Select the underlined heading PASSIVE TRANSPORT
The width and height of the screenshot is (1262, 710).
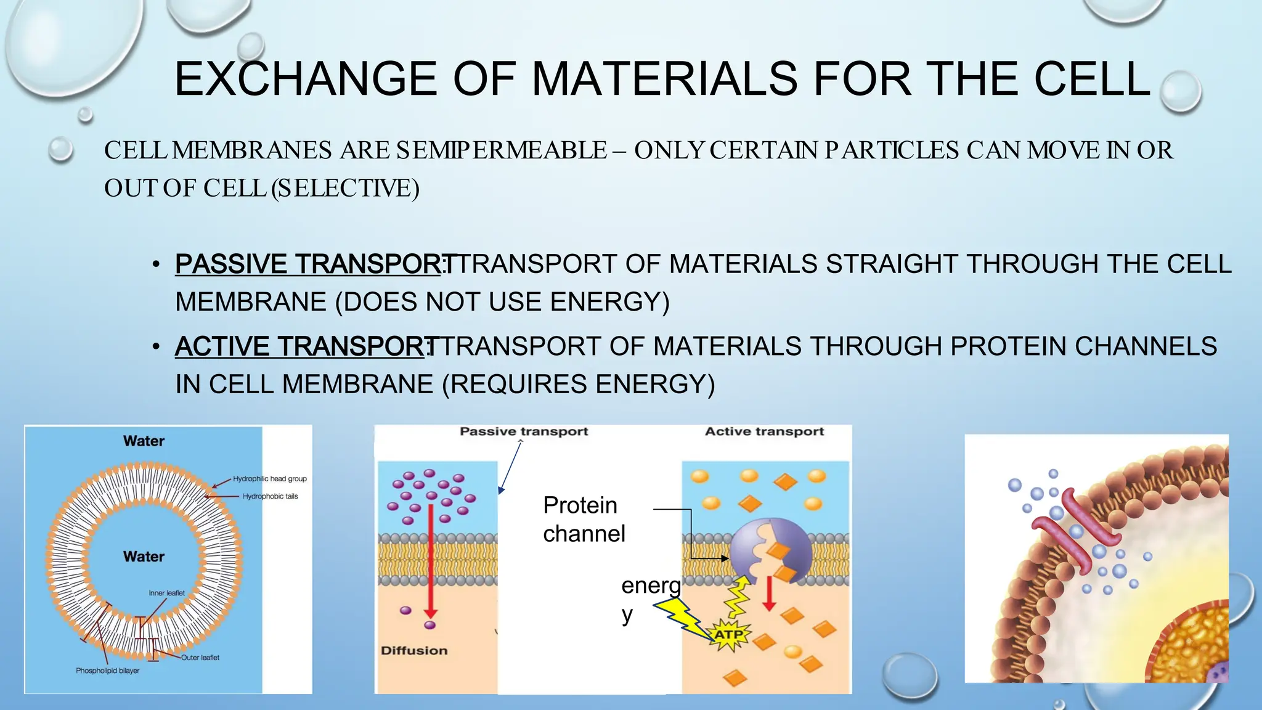308,264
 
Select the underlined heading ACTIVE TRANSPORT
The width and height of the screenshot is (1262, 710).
300,346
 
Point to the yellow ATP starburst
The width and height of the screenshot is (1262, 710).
729,635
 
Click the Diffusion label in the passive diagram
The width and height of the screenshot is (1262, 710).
414,651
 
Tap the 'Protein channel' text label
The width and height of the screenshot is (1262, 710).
584,519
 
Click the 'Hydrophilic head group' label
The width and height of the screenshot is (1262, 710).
269,479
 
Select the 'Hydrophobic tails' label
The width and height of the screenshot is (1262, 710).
270,496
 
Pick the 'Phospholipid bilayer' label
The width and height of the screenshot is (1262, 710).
107,671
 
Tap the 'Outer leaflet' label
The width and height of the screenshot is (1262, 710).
200,658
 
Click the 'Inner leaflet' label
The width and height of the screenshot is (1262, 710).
166,593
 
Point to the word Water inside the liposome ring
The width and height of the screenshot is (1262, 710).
144,557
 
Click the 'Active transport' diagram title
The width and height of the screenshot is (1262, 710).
764,431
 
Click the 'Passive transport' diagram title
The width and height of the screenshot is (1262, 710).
524,431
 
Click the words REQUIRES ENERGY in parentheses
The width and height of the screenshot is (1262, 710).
578,385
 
